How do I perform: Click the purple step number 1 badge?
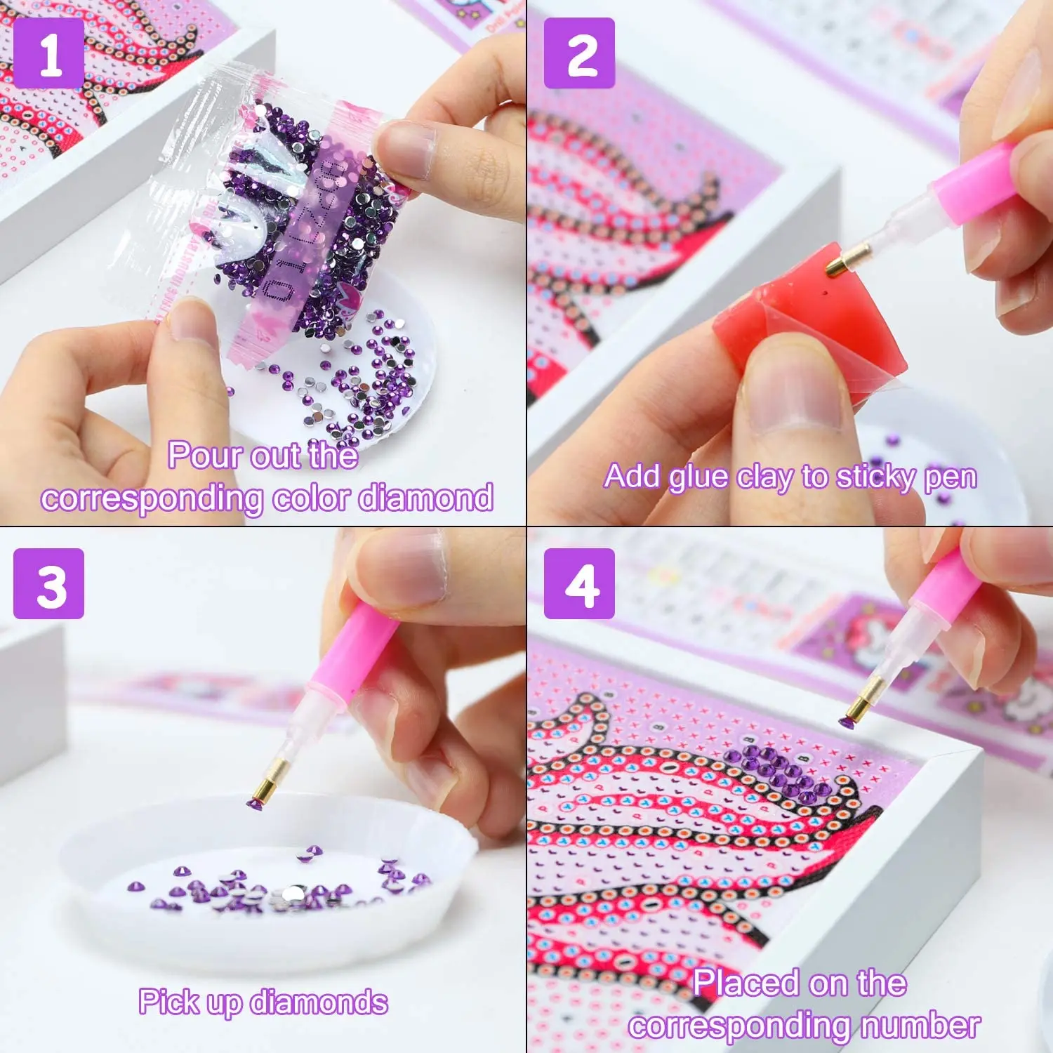(x=48, y=54)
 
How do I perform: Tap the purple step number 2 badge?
(x=579, y=54)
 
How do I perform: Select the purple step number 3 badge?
(x=48, y=583)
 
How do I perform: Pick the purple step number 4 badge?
(x=579, y=583)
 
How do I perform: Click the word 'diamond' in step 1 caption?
(x=426, y=498)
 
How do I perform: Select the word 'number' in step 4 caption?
(x=920, y=1026)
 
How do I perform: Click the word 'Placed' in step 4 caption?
(x=745, y=983)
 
